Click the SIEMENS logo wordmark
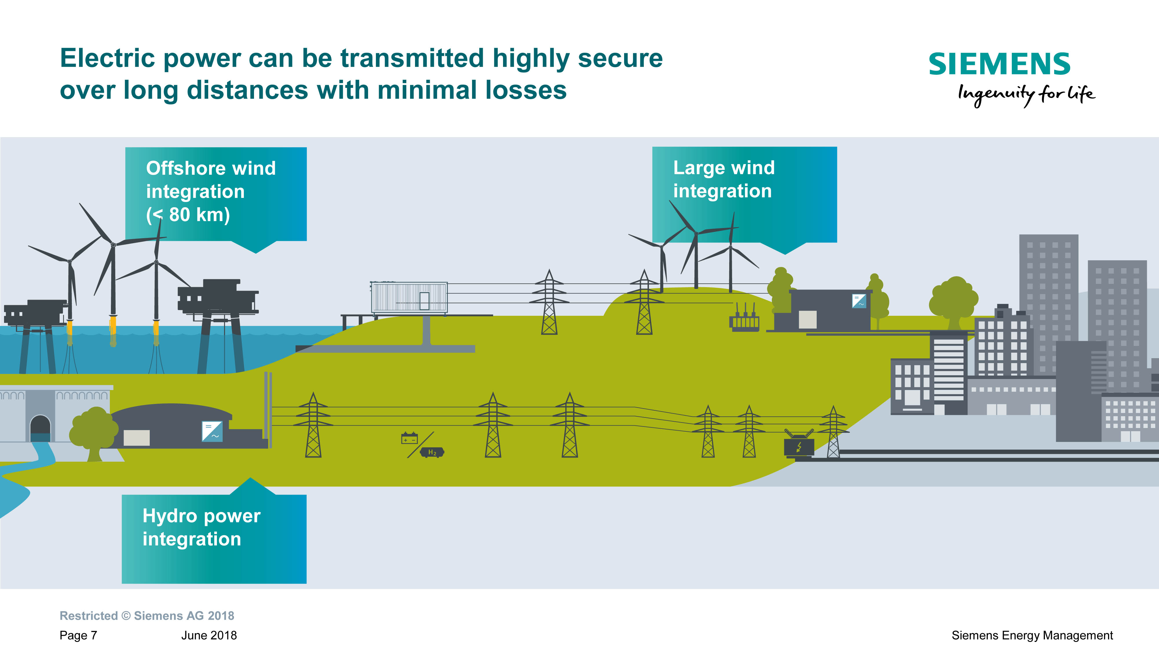999,64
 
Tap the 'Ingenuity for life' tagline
1026,94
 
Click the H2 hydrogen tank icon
432,452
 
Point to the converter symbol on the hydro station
212,431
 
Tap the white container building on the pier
409,297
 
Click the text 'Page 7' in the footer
78,635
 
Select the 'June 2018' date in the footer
209,635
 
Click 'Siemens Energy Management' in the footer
1032,635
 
